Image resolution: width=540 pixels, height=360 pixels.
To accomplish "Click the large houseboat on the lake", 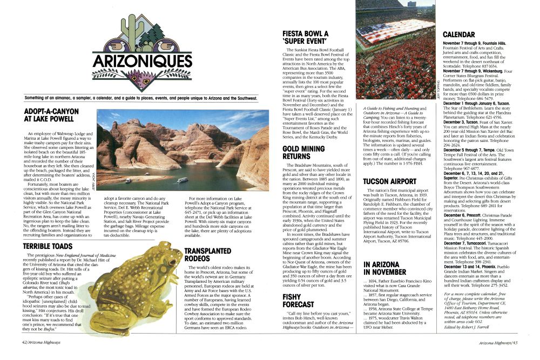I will [183, 180].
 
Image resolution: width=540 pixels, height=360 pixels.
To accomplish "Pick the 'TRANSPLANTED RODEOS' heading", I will [208, 255].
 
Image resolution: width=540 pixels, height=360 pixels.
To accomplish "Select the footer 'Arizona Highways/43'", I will [498, 342].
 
